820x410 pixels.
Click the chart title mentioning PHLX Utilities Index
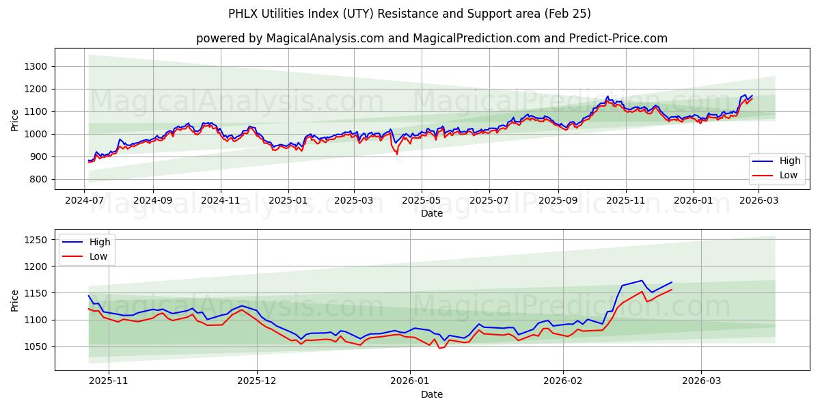coord(410,14)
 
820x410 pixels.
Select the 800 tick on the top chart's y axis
coord(38,179)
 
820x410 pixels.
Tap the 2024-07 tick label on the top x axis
coord(85,201)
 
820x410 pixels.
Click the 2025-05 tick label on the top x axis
coord(421,201)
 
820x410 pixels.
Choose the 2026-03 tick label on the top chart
coord(760,201)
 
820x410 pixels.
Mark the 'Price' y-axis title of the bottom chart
coord(15,299)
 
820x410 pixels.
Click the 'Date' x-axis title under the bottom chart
coord(431,394)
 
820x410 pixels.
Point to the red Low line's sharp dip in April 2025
coord(397,154)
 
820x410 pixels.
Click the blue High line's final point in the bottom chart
coord(672,282)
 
